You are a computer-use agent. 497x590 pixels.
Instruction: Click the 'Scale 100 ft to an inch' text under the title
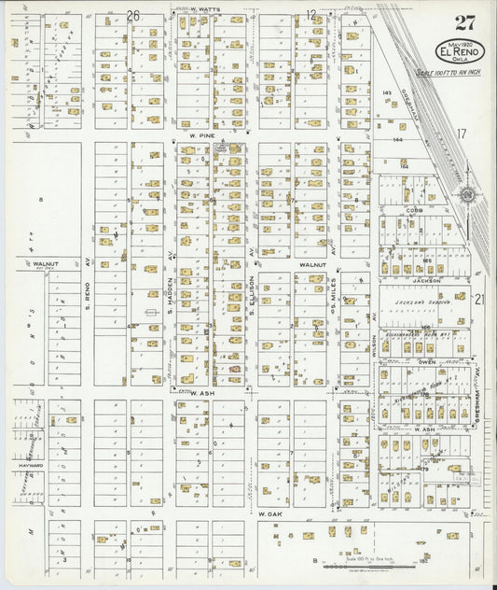click(445, 73)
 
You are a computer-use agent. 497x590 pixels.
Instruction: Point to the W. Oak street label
click(269, 514)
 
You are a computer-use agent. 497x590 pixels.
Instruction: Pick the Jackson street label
click(425, 279)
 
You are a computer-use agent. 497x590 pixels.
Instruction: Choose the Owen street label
click(426, 361)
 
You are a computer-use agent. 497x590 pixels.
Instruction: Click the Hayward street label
click(30, 464)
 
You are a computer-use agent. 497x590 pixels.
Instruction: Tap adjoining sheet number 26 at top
click(133, 15)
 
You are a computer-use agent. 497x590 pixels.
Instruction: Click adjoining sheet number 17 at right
click(461, 133)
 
